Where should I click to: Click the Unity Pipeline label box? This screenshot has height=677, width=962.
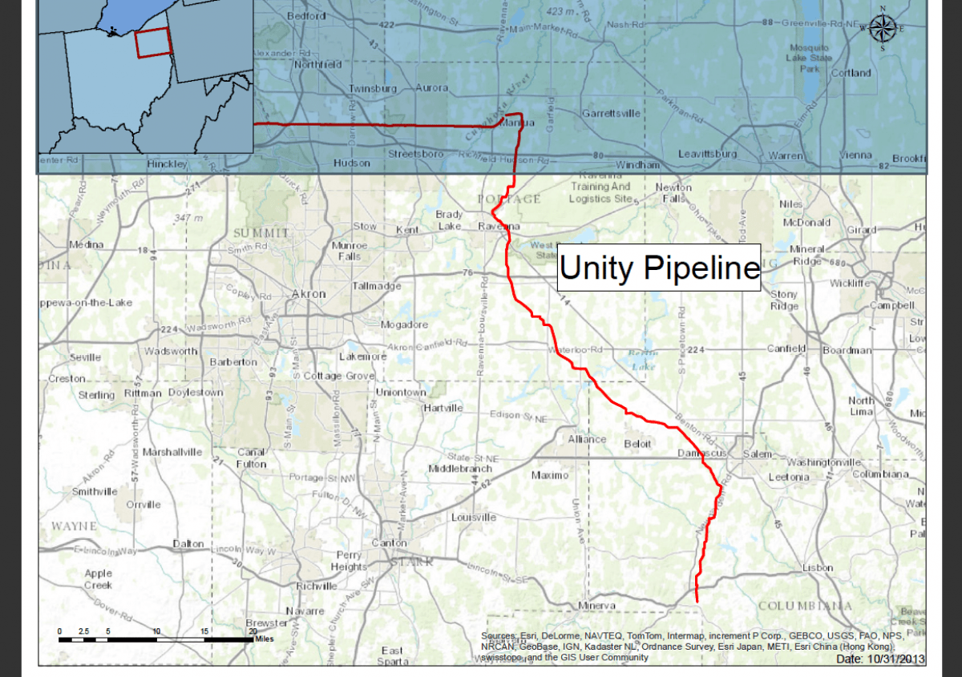pyautogui.click(x=659, y=268)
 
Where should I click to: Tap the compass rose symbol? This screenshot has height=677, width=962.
pyautogui.click(x=882, y=29)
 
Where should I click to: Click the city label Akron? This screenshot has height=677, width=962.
pyautogui.click(x=309, y=294)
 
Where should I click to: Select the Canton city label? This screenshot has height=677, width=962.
pyautogui.click(x=389, y=543)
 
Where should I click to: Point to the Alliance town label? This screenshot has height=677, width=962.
pyautogui.click(x=587, y=439)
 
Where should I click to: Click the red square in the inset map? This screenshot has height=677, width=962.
pyautogui.click(x=152, y=43)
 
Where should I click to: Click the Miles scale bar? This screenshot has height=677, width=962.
pyautogui.click(x=156, y=639)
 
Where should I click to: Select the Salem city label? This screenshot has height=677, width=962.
pyautogui.click(x=757, y=454)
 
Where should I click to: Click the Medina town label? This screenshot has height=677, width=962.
pyautogui.click(x=87, y=244)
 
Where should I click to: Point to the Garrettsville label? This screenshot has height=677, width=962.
pyautogui.click(x=611, y=114)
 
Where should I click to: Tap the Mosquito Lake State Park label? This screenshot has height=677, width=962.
pyautogui.click(x=808, y=58)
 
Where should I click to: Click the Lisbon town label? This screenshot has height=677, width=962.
pyautogui.click(x=818, y=568)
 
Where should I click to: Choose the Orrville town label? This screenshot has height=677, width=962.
pyautogui.click(x=143, y=505)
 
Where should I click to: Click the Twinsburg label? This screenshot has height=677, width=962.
pyautogui.click(x=372, y=88)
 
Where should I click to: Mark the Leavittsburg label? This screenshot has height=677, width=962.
pyautogui.click(x=707, y=153)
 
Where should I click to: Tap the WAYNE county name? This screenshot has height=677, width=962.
pyautogui.click(x=74, y=526)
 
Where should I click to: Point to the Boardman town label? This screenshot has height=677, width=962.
pyautogui.click(x=847, y=350)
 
